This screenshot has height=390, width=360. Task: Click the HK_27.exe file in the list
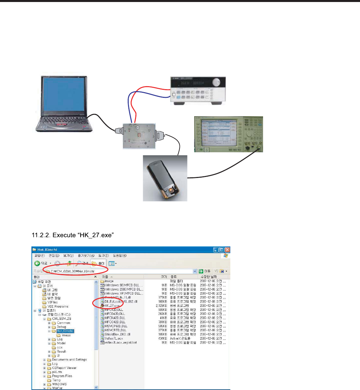point(112,306)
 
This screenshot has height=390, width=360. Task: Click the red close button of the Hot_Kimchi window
point(227,250)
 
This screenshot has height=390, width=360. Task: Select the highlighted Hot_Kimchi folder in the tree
point(65,331)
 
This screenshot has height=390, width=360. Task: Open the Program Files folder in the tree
point(62,376)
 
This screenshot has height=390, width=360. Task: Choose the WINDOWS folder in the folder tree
point(59,384)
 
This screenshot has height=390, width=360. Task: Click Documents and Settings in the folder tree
point(69,360)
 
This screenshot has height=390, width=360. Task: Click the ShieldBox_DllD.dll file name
point(117,334)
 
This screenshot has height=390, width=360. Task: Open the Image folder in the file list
point(109,281)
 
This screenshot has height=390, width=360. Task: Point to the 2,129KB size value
point(161,306)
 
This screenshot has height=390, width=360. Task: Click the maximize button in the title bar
point(221,250)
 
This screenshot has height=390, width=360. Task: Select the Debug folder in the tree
point(61,327)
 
